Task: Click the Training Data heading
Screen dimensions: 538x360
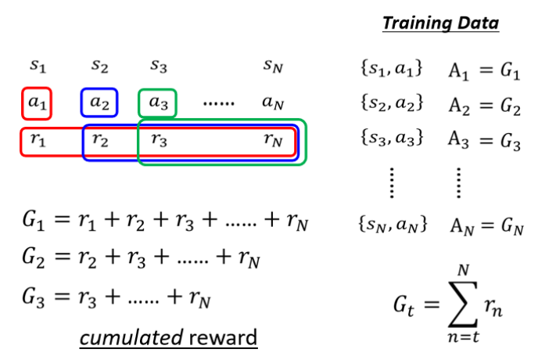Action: click(x=440, y=23)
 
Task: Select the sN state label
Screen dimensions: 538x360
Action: click(x=273, y=67)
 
